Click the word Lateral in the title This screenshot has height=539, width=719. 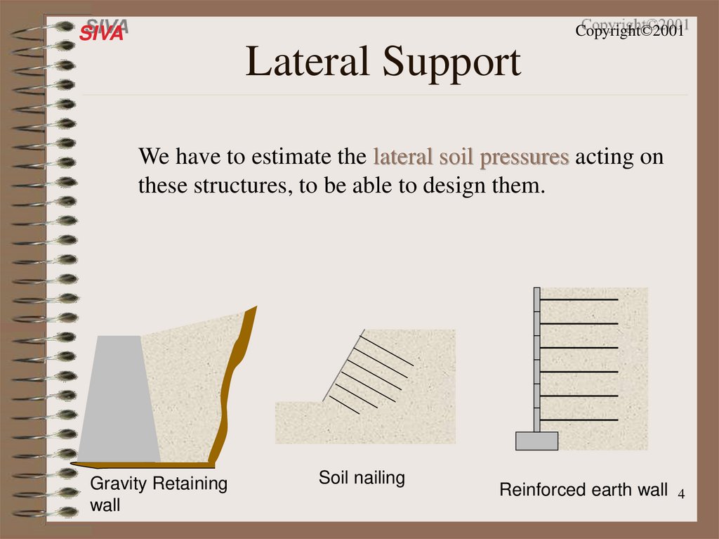(x=308, y=63)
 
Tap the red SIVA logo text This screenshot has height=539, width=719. (x=101, y=32)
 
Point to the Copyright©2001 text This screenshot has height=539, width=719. (x=630, y=32)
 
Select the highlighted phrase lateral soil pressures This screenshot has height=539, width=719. (x=471, y=157)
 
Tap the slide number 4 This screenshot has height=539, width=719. (x=680, y=497)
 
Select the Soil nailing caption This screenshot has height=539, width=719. (x=362, y=479)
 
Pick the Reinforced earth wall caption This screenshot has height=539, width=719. (x=583, y=490)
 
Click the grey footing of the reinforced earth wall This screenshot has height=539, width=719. (x=536, y=441)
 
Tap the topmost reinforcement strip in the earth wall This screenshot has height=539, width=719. (x=579, y=300)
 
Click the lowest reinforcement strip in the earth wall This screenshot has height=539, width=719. (x=579, y=420)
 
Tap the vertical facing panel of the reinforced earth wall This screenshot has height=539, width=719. (x=537, y=358)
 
